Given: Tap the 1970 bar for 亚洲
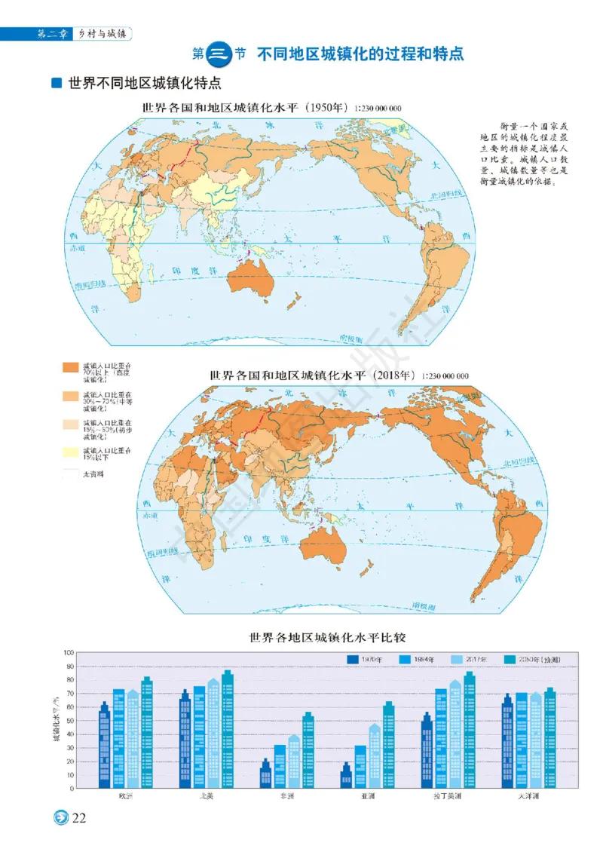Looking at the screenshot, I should pyautogui.click(x=346, y=776).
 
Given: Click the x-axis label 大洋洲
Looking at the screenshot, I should pyautogui.click(x=528, y=795).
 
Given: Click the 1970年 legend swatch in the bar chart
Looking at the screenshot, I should pyautogui.click(x=352, y=660).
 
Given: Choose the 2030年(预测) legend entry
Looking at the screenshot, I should pyautogui.click(x=537, y=660).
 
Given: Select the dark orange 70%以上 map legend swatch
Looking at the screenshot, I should pyautogui.click(x=70, y=368).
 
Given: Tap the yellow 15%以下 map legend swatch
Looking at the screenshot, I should pyautogui.click(x=70, y=452).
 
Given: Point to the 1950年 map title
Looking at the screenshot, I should pyautogui.click(x=245, y=108).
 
